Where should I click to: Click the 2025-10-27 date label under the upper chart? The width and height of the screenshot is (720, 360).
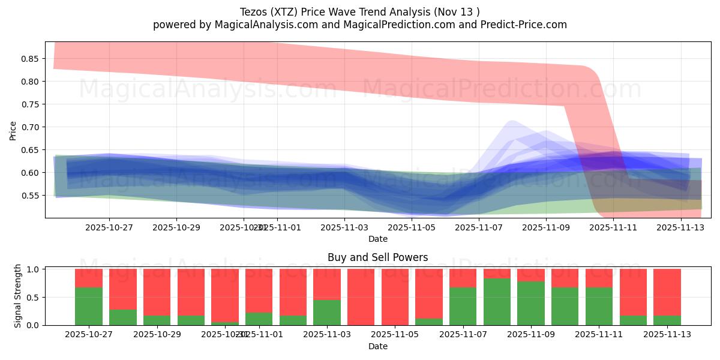pos(109,227)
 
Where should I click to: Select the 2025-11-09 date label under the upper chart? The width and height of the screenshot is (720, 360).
pos(546,227)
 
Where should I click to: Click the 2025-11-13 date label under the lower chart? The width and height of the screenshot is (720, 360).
pos(667,335)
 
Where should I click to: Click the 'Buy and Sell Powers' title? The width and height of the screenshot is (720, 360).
pos(377,258)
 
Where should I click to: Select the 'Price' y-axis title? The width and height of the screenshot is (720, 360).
pos(13,130)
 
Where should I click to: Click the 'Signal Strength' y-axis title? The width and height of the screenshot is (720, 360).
pos(18,295)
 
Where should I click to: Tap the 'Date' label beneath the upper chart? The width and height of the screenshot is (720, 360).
pos(377,239)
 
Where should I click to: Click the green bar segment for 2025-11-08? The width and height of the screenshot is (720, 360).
pos(497,302)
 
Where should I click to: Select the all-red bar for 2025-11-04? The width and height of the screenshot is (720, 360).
pos(361,297)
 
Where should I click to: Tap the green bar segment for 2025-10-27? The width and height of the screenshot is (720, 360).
pos(89,306)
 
